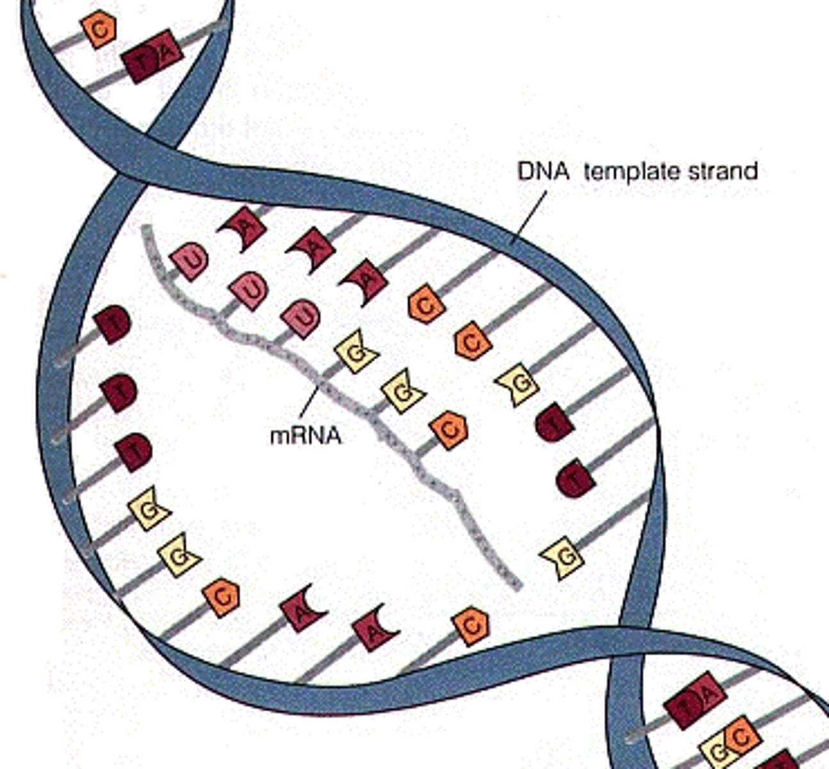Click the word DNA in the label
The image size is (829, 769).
click(x=543, y=171)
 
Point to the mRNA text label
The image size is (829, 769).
click(x=306, y=436)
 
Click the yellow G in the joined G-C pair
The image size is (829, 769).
click(x=720, y=747)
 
